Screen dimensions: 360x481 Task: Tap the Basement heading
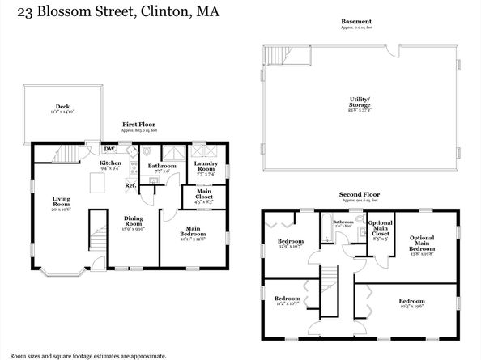(356, 21)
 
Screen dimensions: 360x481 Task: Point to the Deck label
(62, 107)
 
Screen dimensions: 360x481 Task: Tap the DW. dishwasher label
(110, 149)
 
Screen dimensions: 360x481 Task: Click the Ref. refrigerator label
(130, 186)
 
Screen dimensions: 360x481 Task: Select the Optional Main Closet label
(380, 231)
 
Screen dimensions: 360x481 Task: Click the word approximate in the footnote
(146, 355)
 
